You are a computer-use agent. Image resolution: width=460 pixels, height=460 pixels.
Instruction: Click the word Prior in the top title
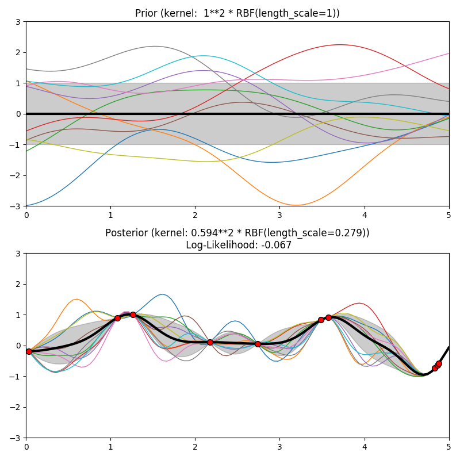(x=146, y=13)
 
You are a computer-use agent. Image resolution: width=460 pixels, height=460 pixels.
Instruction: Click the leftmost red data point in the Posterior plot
(x=29, y=351)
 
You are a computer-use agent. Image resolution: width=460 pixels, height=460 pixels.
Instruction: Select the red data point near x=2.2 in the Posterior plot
(x=210, y=342)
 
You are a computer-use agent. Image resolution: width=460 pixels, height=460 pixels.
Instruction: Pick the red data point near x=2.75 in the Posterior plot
(x=258, y=344)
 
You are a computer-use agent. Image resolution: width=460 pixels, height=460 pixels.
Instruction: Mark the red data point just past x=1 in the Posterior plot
(x=117, y=318)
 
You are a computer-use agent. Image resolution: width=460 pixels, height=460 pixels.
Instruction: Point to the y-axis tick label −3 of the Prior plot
(x=16, y=206)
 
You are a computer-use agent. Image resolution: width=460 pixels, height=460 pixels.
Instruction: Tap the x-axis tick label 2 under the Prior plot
(x=195, y=215)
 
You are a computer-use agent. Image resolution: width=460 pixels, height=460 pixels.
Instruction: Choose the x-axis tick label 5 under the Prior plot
(x=448, y=215)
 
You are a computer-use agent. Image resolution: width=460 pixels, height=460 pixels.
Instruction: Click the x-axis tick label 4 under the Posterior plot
(x=364, y=447)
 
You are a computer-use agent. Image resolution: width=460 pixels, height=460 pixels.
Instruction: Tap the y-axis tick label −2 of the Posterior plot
(x=16, y=408)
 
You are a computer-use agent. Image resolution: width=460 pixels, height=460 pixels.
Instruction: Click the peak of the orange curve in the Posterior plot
(x=76, y=299)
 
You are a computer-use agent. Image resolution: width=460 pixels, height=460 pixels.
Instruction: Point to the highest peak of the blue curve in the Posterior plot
(x=163, y=294)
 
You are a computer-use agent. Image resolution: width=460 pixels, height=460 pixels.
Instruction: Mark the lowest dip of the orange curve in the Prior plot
(x=296, y=205)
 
